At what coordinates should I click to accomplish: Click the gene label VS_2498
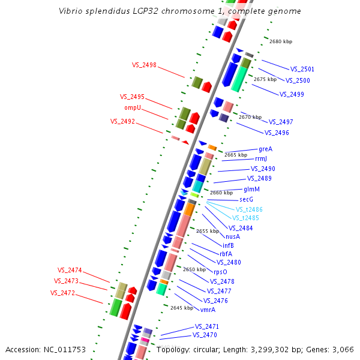(144, 65)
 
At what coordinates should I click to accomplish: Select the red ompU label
(133, 107)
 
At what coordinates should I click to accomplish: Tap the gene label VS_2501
(302, 69)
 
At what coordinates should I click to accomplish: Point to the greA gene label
(265, 148)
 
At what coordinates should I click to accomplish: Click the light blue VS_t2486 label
(249, 209)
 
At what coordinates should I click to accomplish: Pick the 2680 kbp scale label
(281, 41)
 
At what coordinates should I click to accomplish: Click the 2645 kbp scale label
(182, 308)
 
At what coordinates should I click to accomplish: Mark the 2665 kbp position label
(236, 155)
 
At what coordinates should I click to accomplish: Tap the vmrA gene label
(208, 310)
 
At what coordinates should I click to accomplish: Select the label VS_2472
(62, 293)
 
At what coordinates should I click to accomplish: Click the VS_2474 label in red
(70, 270)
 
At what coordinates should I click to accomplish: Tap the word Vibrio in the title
(71, 11)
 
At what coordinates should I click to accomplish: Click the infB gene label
(228, 245)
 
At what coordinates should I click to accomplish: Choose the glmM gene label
(251, 189)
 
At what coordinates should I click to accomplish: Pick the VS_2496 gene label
(277, 133)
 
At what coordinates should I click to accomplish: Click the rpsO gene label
(221, 271)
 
